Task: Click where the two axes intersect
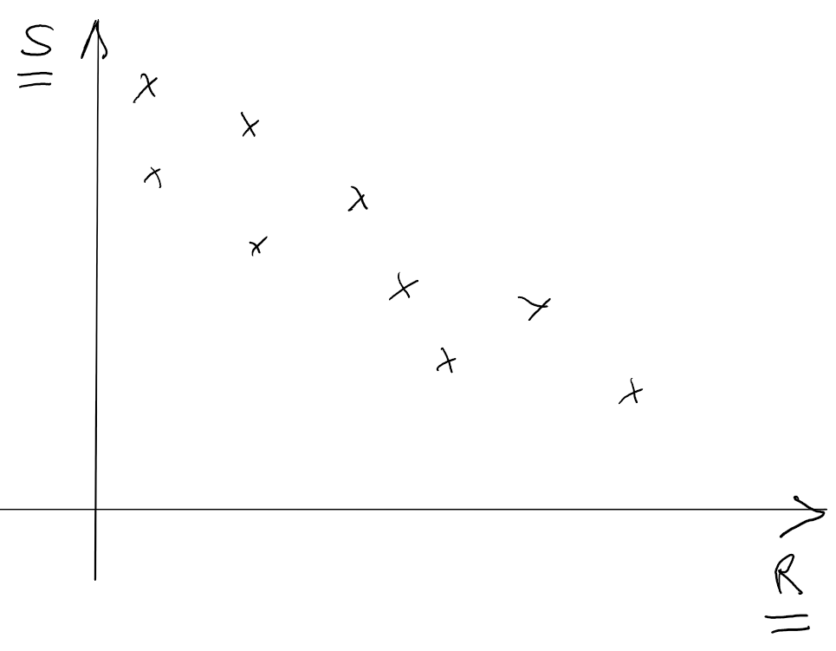point(95,509)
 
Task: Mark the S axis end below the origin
point(95,576)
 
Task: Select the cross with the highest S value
point(146,87)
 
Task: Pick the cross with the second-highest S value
point(250,127)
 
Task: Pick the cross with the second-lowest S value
point(446,360)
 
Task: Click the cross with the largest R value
point(632,394)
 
